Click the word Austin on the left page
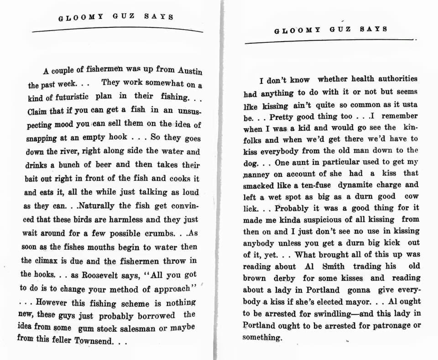click(x=189, y=71)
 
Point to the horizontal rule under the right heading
click(x=330, y=41)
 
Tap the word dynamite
click(x=355, y=185)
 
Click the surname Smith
click(x=334, y=266)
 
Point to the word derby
click(x=284, y=278)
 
